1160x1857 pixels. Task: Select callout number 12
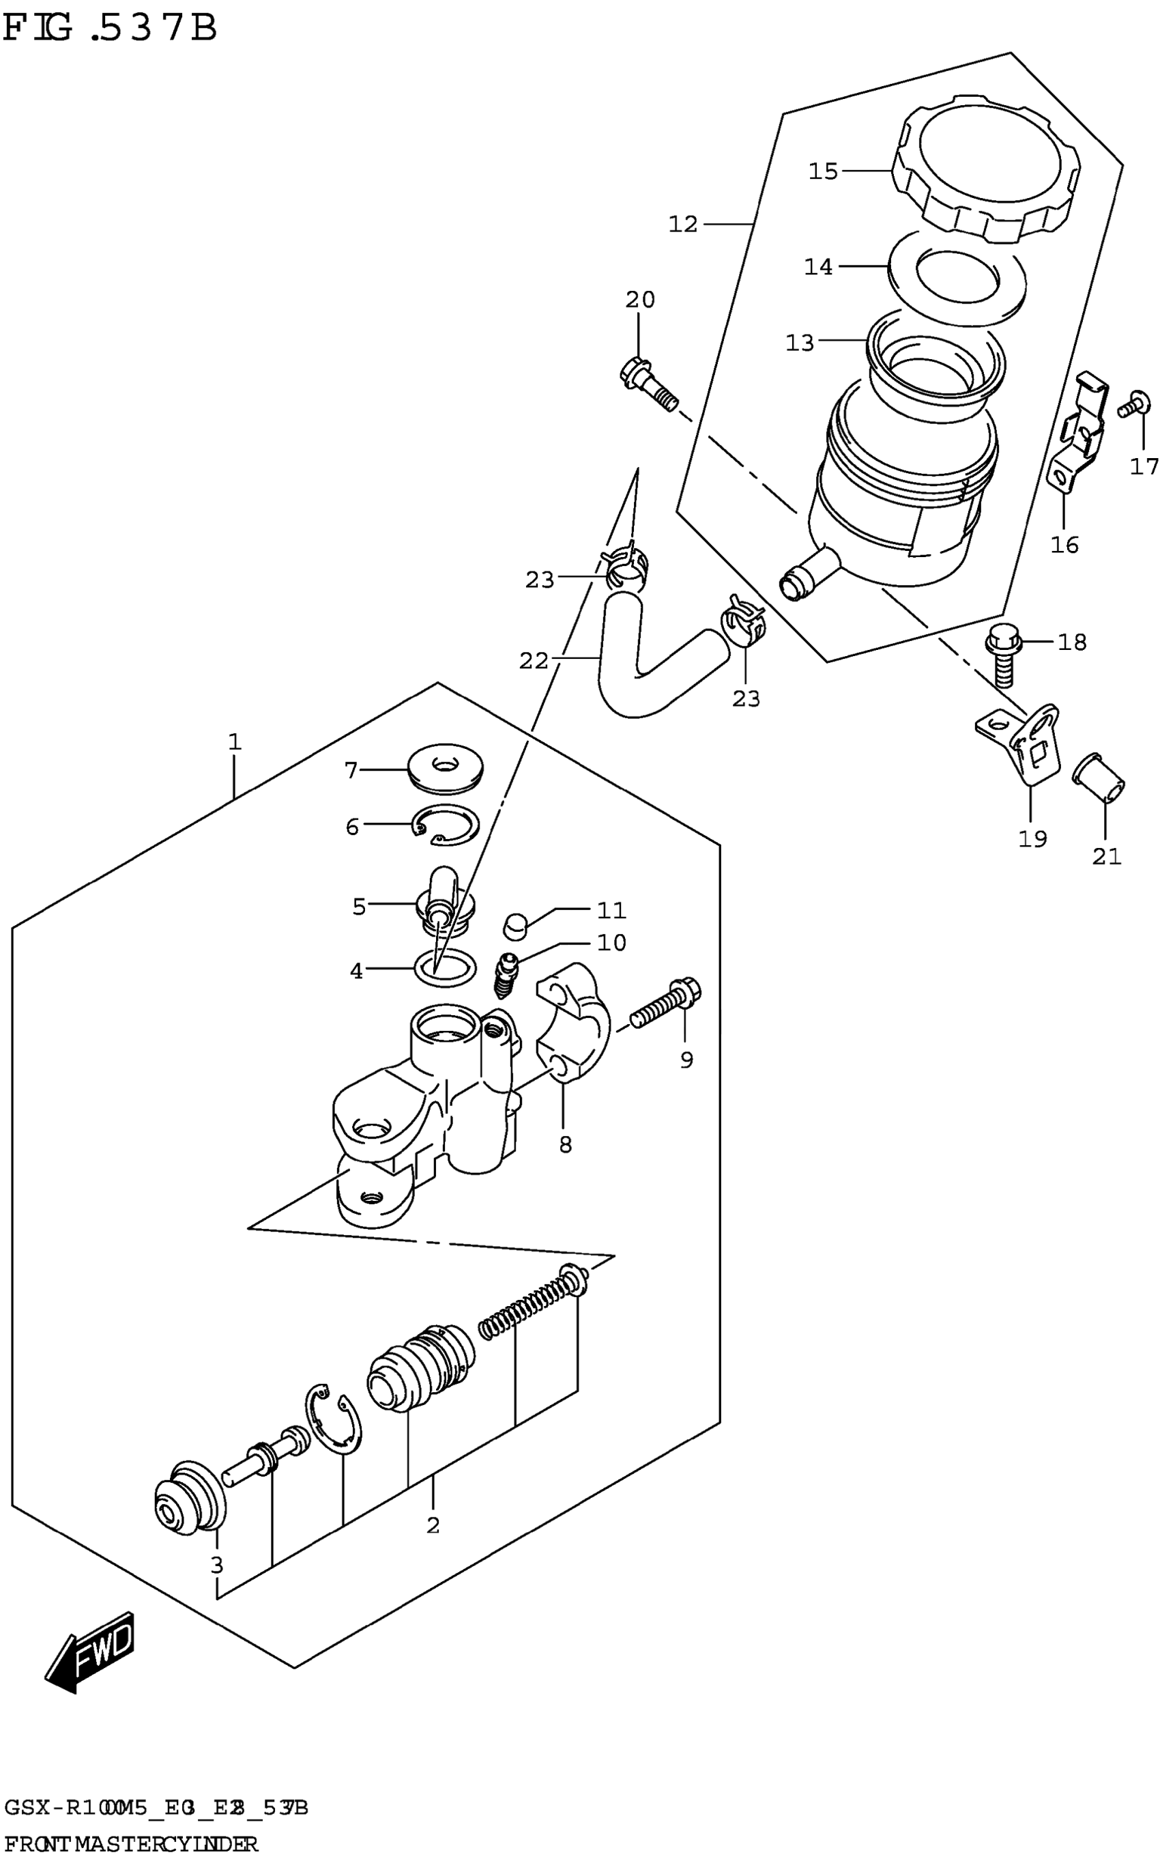click(683, 225)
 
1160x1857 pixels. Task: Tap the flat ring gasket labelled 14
click(955, 279)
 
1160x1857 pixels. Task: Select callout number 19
click(1032, 838)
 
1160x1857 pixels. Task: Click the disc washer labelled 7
click(446, 769)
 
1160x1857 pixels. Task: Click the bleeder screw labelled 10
click(507, 973)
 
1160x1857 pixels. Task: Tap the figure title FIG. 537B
click(110, 29)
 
